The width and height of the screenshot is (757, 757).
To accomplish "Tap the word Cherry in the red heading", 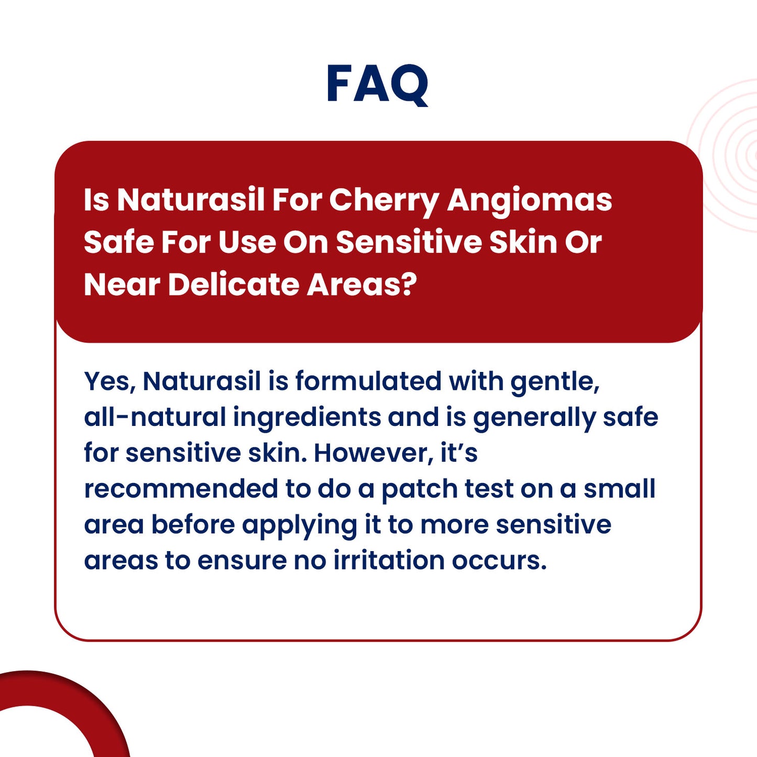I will [383, 201].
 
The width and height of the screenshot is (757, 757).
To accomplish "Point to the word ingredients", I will [307, 418].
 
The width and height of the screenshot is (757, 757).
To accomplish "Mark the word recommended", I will [181, 489].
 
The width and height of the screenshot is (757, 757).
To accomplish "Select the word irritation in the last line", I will [389, 561].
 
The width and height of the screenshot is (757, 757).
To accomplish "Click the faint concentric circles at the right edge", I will [733, 157].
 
